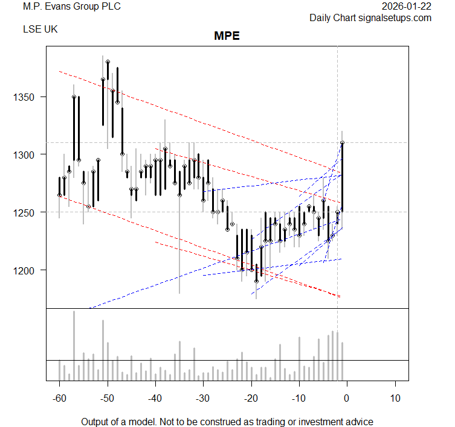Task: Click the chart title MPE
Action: click(227, 36)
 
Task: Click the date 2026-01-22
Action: click(407, 7)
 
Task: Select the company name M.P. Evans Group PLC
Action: click(71, 7)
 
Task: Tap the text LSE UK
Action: click(40, 29)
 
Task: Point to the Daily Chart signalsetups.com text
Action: click(370, 17)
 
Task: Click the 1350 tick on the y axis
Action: click(27, 97)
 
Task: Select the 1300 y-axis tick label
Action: click(27, 155)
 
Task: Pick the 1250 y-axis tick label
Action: click(27, 212)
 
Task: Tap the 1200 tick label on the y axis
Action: click(27, 270)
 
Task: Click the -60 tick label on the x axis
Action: click(59, 398)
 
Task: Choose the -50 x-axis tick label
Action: click(107, 398)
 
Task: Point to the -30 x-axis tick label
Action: click(202, 398)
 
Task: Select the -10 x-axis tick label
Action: click(298, 398)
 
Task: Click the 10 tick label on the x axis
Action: click(395, 398)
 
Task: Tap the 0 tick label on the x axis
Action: click(347, 398)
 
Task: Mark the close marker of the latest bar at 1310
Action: click(342, 143)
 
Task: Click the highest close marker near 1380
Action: click(108, 62)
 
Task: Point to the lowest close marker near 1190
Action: click(256, 281)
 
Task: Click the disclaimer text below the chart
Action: click(227, 422)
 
